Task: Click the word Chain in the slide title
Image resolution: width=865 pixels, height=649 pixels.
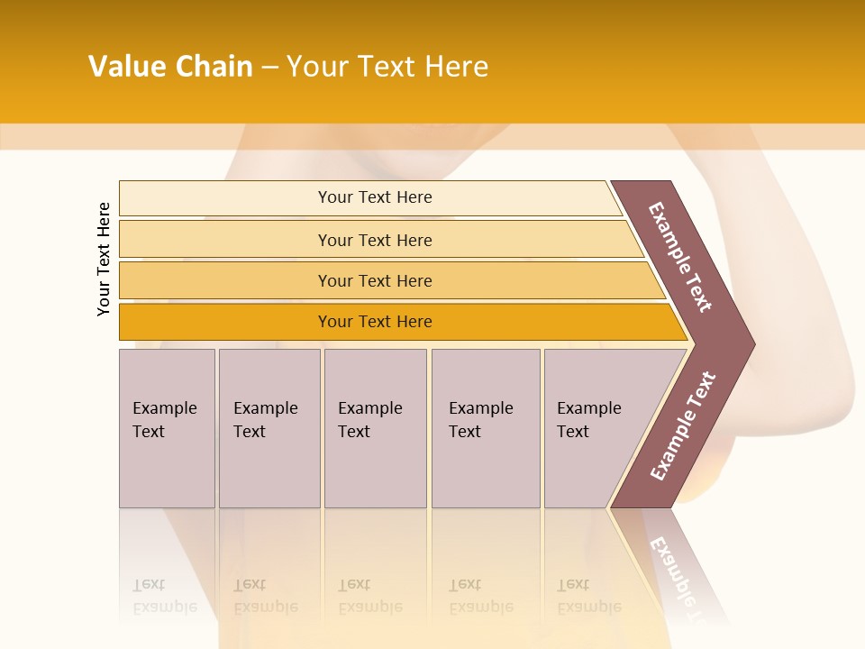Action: click(x=214, y=67)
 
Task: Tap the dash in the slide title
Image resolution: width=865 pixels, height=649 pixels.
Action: click(x=269, y=68)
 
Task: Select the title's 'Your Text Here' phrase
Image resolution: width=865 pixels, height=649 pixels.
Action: click(x=387, y=67)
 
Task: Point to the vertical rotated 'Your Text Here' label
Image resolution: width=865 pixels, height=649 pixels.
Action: click(x=104, y=259)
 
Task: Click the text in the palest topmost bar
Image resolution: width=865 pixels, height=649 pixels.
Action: click(x=375, y=197)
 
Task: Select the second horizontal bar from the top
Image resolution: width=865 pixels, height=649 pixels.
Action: click(x=375, y=240)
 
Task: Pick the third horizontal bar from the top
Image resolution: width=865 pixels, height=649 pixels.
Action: click(x=375, y=280)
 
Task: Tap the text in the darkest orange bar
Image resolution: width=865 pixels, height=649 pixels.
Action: click(x=375, y=322)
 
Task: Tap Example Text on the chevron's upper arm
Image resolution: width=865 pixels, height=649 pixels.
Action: click(x=680, y=257)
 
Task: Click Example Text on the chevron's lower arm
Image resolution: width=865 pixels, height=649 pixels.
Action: click(x=683, y=425)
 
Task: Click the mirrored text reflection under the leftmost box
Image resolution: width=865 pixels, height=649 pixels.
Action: click(x=164, y=597)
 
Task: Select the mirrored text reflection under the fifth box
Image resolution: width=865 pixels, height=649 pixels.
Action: click(x=589, y=597)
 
